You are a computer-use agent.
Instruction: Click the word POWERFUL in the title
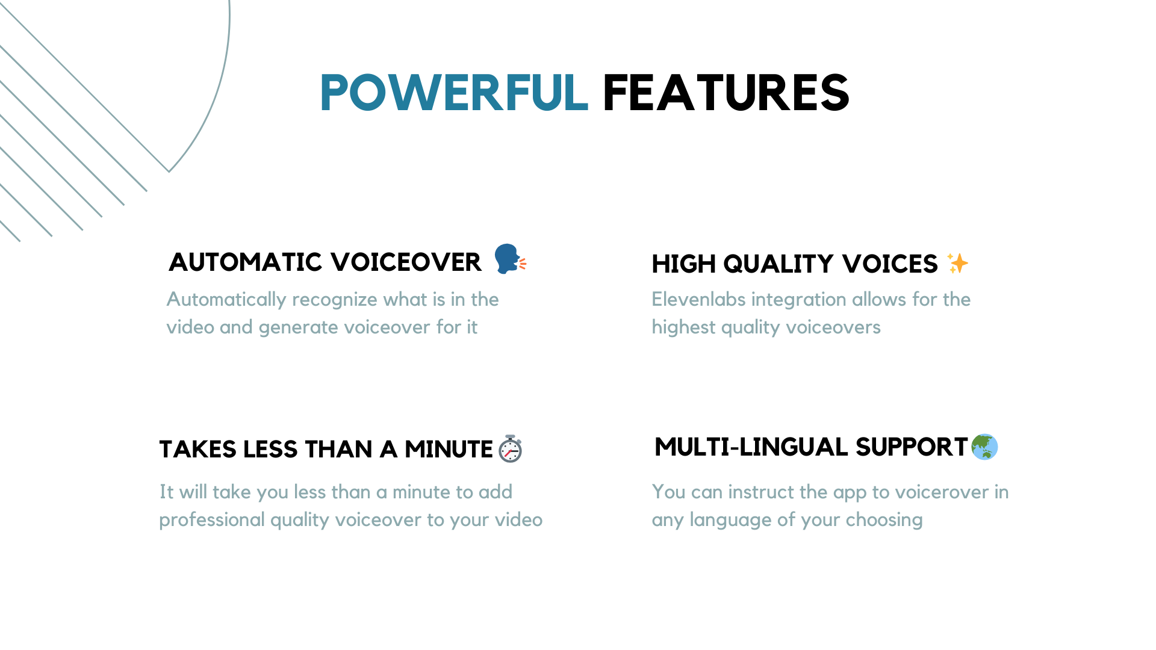[x=454, y=93]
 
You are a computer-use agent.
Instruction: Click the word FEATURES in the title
[x=726, y=93]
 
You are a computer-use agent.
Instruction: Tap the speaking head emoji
[x=510, y=259]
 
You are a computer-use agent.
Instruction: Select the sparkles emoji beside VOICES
[x=957, y=263]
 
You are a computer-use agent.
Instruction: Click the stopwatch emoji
[x=510, y=448]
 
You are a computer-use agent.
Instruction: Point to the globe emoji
[x=984, y=447]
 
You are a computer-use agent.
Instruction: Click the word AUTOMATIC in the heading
[x=246, y=262]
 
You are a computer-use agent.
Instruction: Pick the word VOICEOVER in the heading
[x=406, y=262]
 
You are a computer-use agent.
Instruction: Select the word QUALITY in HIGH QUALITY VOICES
[x=778, y=264]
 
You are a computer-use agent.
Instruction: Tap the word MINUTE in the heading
[x=449, y=450]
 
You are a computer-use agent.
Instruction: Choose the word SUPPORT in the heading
[x=912, y=447]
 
